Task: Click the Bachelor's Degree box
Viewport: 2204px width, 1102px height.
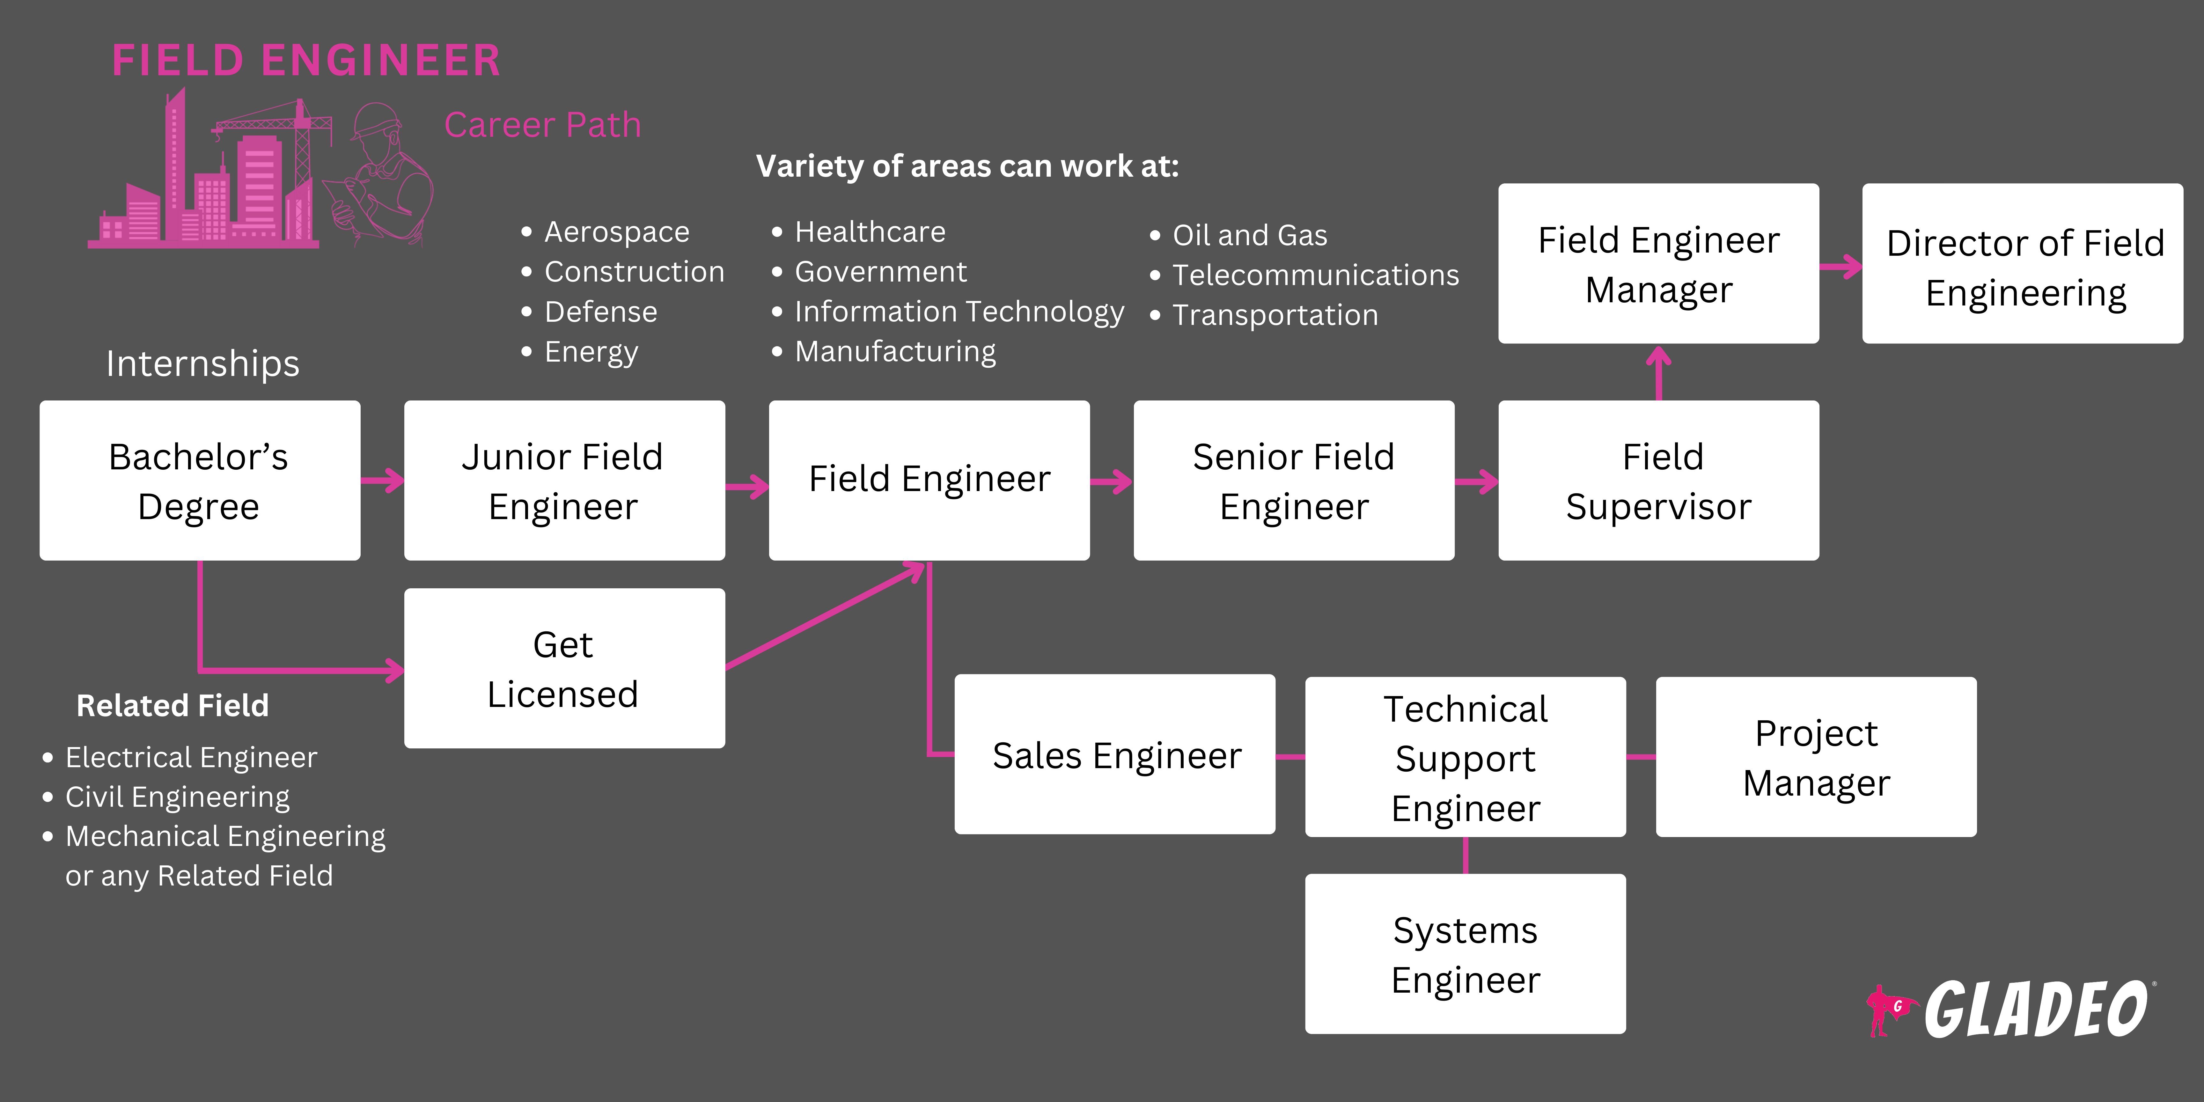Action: [x=199, y=481]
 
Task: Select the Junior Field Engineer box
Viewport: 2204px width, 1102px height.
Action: [x=564, y=481]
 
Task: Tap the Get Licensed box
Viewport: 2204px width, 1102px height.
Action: [x=564, y=668]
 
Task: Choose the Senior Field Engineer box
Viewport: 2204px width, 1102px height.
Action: [x=1294, y=481]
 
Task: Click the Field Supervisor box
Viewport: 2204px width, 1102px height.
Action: [x=1658, y=481]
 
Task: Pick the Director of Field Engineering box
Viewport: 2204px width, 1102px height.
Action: [x=2023, y=263]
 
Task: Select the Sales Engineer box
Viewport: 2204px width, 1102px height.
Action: [x=1115, y=755]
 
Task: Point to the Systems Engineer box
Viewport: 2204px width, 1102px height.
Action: [x=1465, y=954]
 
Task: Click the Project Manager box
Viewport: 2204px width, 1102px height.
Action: [x=1816, y=757]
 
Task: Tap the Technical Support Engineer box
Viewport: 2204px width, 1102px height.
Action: [x=1465, y=757]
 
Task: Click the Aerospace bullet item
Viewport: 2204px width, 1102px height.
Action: [x=616, y=232]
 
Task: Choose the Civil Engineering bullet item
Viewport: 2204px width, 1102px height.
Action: [x=177, y=797]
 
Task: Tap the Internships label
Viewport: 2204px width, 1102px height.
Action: [x=203, y=364]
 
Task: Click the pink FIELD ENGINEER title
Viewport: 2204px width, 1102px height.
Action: [x=306, y=61]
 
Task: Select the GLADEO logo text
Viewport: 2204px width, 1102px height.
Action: [x=2036, y=1010]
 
